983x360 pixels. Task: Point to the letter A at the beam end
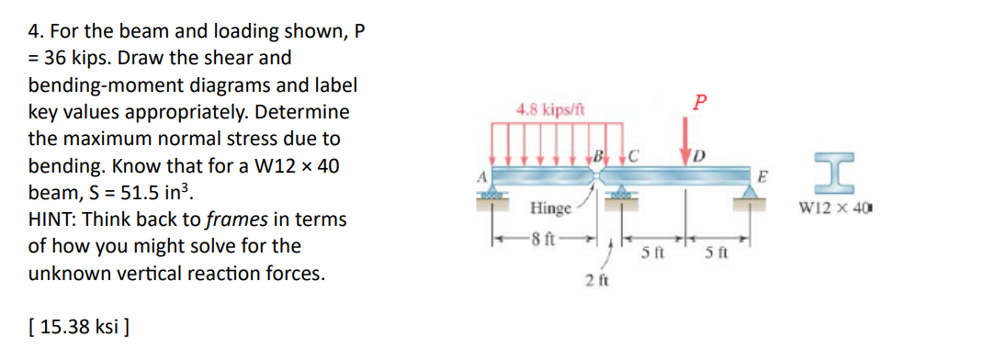pos(479,168)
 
